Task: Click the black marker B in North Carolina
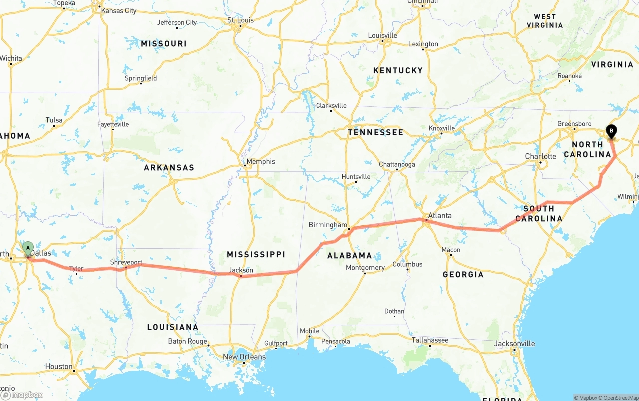point(611,131)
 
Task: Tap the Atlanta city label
point(439,216)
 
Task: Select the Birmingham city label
point(327,225)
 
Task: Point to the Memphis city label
point(261,161)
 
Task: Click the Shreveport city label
point(126,262)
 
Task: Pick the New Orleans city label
point(244,357)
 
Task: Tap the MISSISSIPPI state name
point(256,254)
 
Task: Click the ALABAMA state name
point(349,255)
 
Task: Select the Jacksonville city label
point(514,344)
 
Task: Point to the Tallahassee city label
point(430,340)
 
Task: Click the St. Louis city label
point(240,20)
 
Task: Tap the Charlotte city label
point(540,156)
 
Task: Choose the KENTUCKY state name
point(398,70)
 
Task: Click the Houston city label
point(59,366)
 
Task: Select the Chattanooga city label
point(397,164)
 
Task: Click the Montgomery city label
point(365,268)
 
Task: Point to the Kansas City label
point(118,10)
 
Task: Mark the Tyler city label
point(76,269)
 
